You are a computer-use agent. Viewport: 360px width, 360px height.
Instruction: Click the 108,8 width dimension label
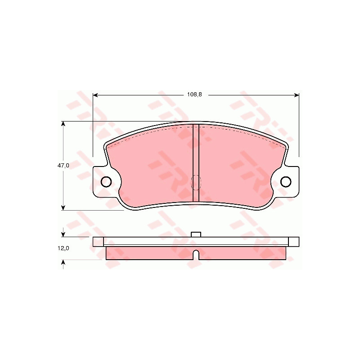(x=194, y=94)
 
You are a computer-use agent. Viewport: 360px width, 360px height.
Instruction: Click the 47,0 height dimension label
(x=63, y=165)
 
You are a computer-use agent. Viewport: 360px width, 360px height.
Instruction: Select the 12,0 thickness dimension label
(x=63, y=248)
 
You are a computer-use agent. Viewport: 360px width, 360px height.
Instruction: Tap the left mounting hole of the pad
(x=106, y=182)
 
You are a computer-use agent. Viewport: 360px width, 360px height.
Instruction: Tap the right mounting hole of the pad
(x=286, y=182)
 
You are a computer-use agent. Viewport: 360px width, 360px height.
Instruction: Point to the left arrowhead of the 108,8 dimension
(x=95, y=95)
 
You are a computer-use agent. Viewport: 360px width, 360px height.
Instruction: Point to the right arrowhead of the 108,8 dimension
(x=297, y=95)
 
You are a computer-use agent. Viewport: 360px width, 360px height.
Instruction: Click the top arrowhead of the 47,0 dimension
(x=63, y=124)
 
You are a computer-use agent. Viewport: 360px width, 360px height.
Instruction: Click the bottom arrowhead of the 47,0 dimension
(x=63, y=207)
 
